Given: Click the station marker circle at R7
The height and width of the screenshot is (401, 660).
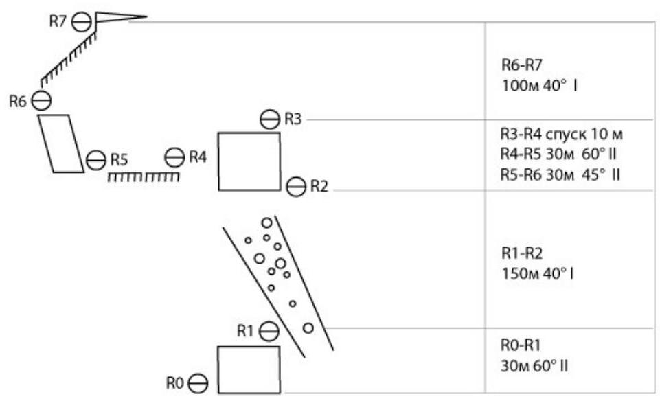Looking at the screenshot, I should pos(82,22).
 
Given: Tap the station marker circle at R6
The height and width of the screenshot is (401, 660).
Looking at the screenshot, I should pos(43,100).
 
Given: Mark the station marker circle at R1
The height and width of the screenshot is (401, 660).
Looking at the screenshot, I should pos(269,331).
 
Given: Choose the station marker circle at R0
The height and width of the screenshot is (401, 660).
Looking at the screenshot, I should pos(198,382).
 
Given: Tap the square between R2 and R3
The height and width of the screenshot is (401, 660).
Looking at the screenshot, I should pos(249,161).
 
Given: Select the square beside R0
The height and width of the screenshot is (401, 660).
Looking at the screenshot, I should pos(249,369).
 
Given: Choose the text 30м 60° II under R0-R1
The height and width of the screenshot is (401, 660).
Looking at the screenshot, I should pos(535,365).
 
